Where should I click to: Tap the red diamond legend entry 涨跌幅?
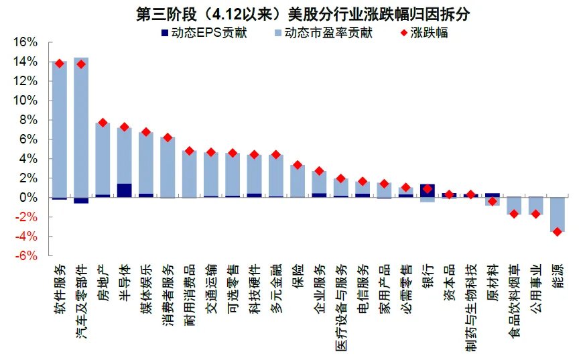[422, 32]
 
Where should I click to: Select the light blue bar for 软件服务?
[60, 127]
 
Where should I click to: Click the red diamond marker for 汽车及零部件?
[81, 64]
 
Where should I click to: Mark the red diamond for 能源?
[557, 231]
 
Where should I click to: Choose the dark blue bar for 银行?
[427, 188]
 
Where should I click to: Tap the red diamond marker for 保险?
[298, 165]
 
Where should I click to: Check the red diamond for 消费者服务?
[168, 137]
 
